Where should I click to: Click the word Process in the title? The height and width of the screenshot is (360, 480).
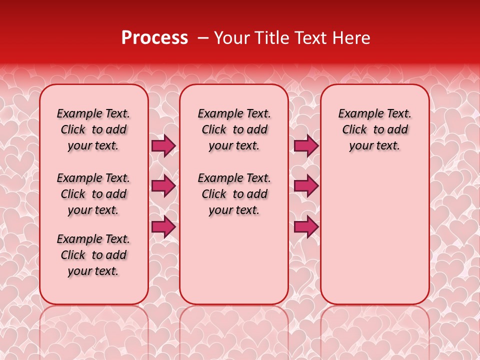tap(154, 37)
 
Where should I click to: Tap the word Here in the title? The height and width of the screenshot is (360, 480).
tap(352, 37)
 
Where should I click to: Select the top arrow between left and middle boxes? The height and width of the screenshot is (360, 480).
tap(163, 145)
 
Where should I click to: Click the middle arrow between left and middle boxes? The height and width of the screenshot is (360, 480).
tap(163, 186)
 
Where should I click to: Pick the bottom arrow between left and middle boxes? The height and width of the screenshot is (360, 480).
tap(163, 226)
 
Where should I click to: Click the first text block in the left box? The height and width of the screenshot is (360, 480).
tap(93, 129)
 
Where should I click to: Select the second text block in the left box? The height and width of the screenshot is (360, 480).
tap(93, 194)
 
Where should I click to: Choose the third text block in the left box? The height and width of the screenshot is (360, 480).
tap(93, 255)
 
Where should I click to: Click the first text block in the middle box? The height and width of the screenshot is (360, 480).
tap(234, 129)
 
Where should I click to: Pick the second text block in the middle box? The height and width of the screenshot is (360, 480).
tap(234, 194)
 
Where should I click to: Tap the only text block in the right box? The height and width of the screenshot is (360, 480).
tap(374, 129)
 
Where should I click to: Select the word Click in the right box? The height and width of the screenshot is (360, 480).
tap(354, 129)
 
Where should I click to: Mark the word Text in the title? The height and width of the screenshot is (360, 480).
tap(311, 37)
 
